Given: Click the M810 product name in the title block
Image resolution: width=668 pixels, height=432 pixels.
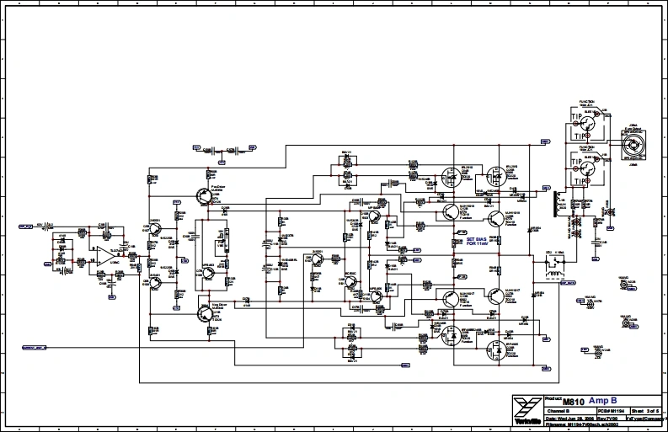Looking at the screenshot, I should click(572, 403).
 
